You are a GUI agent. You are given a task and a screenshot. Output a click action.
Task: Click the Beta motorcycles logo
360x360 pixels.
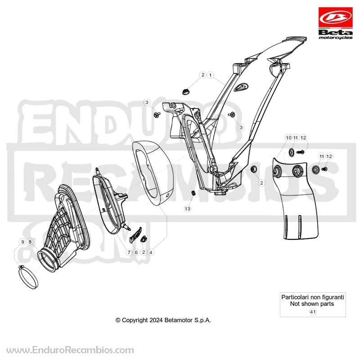(335, 23)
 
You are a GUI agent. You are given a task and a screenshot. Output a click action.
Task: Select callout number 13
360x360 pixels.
(188, 208)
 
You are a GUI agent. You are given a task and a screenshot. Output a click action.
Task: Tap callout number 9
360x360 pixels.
(22, 242)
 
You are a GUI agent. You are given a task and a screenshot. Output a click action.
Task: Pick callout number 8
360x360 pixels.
(30, 242)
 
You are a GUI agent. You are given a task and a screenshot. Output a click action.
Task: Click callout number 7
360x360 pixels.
(129, 252)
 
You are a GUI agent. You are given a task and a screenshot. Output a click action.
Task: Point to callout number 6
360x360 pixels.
(136, 252)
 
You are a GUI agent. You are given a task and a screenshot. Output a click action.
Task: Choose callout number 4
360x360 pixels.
(151, 252)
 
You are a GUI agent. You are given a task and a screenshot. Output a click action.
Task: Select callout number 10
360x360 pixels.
(288, 138)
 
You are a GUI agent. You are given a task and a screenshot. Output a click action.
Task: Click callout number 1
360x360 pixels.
(210, 75)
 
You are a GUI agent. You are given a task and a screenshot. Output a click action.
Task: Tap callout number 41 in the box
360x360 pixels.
(313, 312)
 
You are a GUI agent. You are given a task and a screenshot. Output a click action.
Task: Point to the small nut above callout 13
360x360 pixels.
(193, 193)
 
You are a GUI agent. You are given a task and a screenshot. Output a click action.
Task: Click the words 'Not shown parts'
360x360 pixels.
(312, 304)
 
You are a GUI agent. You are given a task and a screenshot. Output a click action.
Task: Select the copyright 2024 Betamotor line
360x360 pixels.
(163, 320)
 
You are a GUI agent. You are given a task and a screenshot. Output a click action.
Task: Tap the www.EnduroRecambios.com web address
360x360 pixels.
(70, 350)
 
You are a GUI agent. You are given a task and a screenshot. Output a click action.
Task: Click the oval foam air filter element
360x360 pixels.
(153, 172)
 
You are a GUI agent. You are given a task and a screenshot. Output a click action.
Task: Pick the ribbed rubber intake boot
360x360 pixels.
(64, 229)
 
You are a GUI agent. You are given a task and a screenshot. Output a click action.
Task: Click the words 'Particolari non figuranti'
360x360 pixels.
(313, 297)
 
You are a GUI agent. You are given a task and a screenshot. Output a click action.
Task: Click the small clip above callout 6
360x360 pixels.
(136, 234)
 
